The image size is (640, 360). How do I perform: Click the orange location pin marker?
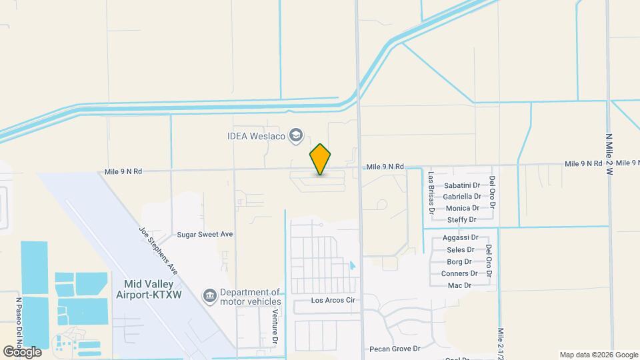click(320, 159)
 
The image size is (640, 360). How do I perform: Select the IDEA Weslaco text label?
click(255, 137)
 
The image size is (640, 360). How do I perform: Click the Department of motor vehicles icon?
click(209, 295)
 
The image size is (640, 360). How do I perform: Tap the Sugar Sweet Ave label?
click(205, 235)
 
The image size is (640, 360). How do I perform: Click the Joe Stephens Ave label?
click(158, 250)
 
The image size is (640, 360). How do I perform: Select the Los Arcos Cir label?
click(334, 301)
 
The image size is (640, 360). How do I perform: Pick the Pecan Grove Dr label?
click(395, 349)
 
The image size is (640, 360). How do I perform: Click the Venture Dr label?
click(275, 328)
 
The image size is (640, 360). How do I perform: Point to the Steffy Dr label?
click(462, 219)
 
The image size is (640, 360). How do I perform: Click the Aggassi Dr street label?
click(461, 238)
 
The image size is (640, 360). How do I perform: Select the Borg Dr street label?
click(459, 261)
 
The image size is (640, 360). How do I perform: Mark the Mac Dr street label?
click(459, 285)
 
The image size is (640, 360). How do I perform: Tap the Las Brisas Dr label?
click(431, 192)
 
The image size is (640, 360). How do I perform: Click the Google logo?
click(22, 351)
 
